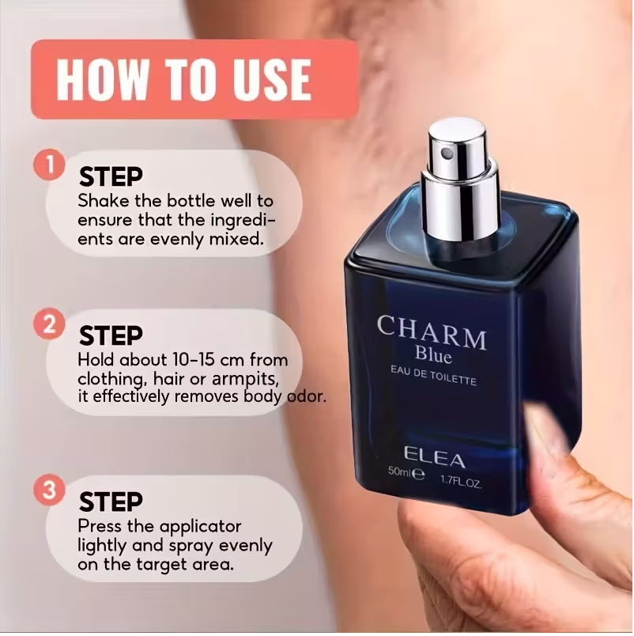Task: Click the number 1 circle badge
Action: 50,167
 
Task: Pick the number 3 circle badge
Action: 50,491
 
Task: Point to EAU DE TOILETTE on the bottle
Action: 432,381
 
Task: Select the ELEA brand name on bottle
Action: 433,456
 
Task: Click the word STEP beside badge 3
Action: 111,502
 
